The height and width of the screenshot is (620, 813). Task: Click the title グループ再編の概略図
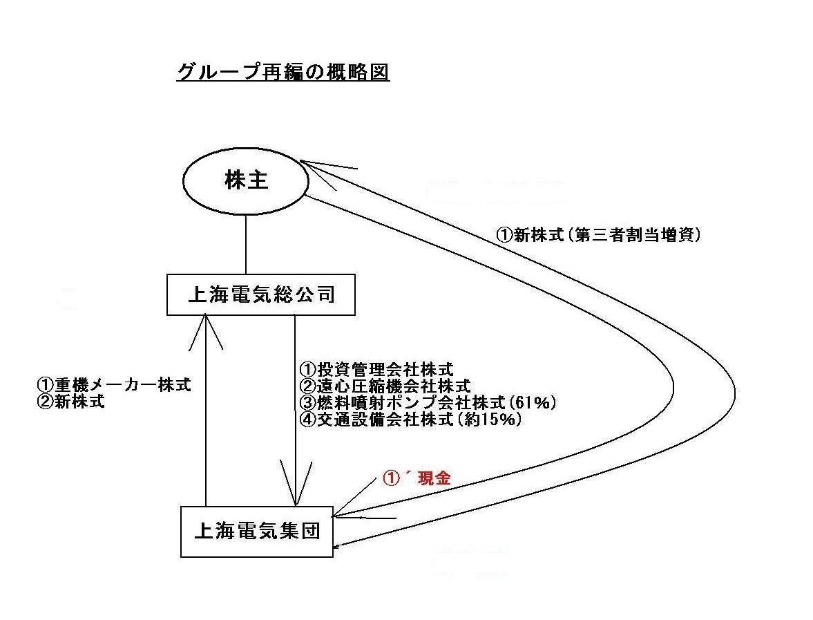pos(283,73)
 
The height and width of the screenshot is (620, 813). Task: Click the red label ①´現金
pos(417,478)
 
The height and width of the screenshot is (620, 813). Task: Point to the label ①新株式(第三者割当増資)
pos(599,235)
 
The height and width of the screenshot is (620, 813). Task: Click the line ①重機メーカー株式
pos(114,384)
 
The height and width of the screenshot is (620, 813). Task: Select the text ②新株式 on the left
pos(71,401)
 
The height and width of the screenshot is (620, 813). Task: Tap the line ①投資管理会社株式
pos(377,369)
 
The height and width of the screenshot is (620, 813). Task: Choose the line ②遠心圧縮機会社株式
pos(385,386)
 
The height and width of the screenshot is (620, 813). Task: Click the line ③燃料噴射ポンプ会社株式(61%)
pos(428,402)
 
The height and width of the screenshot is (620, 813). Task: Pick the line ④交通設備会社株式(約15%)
pos(411,420)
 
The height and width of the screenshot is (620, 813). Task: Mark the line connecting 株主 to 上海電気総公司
pos(246,245)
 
